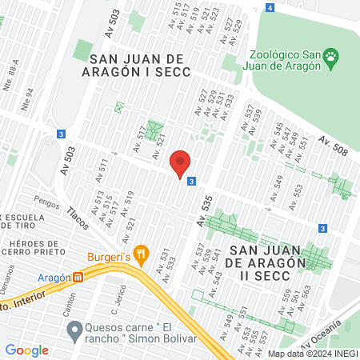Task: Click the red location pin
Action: [x=181, y=163]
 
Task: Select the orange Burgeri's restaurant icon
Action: [x=142, y=254]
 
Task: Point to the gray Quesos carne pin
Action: [x=74, y=328]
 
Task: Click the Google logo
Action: [x=26, y=350]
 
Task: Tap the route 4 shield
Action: [x=270, y=8]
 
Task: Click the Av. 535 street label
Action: [x=206, y=216]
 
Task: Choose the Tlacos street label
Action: [x=78, y=214]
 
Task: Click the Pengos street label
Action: [x=46, y=205]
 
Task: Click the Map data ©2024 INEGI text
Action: [x=312, y=353]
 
